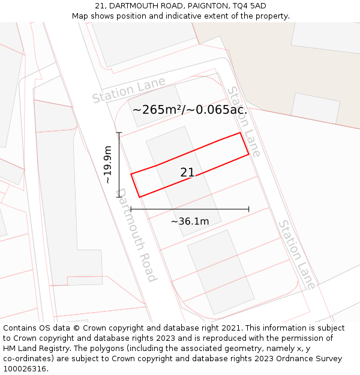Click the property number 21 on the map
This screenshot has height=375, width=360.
point(187,173)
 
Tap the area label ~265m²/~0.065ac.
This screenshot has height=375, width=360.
point(190,110)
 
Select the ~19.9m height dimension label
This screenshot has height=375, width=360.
point(108,164)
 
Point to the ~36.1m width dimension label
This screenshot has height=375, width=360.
point(190,221)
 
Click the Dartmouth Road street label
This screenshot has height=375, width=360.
point(136,235)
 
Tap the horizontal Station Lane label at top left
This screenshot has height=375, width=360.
point(128,90)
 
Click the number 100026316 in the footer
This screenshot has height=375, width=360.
point(23,369)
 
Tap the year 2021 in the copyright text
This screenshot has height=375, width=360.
point(230,328)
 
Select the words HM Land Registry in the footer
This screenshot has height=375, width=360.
point(35,349)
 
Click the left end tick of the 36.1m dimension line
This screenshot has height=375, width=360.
point(131,209)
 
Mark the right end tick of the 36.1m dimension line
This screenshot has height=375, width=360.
point(249,209)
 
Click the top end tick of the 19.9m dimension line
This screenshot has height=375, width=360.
point(119,133)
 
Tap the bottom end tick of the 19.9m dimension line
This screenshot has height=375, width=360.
point(119,197)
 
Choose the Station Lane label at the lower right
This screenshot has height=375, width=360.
point(296,254)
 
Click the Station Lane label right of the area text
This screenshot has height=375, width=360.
point(244,122)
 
